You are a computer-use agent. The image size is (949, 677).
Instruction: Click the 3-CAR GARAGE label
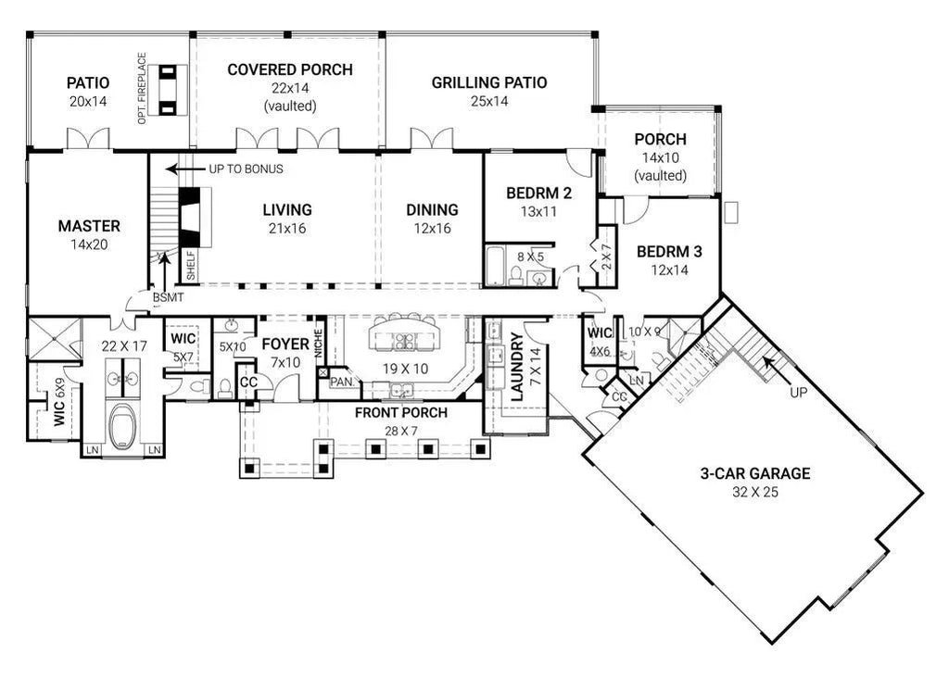[x=754, y=473]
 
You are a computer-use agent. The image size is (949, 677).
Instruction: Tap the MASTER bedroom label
[x=89, y=226]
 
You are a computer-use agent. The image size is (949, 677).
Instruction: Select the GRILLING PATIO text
[x=488, y=83]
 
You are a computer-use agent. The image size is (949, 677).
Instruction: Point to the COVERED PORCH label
[x=289, y=70]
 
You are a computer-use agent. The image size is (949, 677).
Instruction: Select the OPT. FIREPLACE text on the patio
[x=142, y=89]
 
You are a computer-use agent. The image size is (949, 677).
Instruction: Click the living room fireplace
[x=192, y=217]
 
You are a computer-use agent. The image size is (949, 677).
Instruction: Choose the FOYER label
[x=285, y=345]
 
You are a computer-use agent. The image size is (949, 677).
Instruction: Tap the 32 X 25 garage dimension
[x=754, y=492]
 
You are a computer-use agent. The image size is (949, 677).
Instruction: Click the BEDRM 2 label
[x=538, y=194]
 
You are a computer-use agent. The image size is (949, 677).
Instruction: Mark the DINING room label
[x=432, y=210]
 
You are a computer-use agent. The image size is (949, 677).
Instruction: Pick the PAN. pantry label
[x=340, y=382]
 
